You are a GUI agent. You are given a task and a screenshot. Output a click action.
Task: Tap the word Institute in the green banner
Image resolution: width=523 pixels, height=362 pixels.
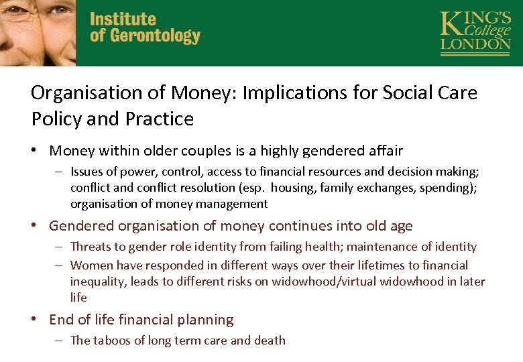pos(123,19)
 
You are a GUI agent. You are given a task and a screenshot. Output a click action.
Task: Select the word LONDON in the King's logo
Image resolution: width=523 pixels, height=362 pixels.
pos(475,45)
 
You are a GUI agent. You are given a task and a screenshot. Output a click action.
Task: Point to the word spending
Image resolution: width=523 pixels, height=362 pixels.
pos(446,188)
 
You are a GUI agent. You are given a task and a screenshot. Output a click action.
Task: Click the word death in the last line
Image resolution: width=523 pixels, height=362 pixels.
pos(270,341)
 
